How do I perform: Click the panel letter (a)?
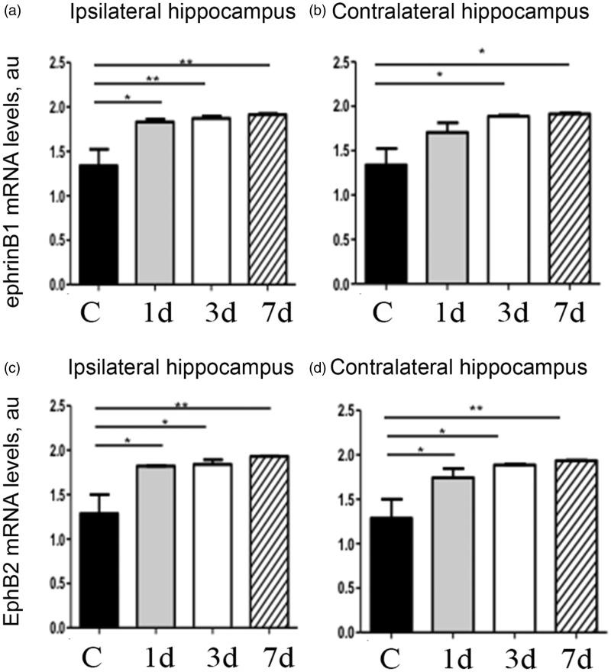click(x=11, y=13)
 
